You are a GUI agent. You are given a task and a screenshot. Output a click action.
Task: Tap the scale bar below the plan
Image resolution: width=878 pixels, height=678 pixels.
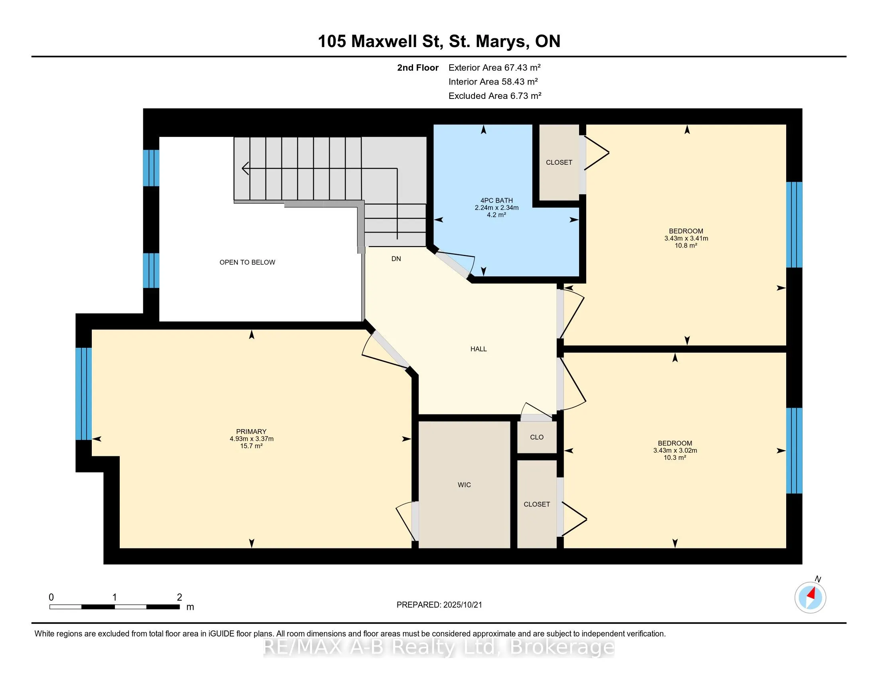click(x=115, y=607)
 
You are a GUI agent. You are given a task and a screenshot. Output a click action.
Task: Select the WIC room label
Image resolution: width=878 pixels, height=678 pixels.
click(x=464, y=485)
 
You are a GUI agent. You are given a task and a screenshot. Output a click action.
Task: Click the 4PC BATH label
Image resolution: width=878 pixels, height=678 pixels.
click(x=496, y=201)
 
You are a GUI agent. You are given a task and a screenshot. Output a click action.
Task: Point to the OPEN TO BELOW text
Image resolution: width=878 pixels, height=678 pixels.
click(x=247, y=262)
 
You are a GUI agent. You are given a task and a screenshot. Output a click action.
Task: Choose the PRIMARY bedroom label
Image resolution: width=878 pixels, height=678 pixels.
click(x=251, y=432)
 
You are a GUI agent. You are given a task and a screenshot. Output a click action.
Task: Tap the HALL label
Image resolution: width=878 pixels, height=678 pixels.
click(x=479, y=349)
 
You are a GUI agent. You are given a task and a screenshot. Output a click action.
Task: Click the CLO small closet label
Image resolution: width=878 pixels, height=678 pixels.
click(x=537, y=437)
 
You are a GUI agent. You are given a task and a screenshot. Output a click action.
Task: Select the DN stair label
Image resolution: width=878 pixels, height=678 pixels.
click(x=396, y=259)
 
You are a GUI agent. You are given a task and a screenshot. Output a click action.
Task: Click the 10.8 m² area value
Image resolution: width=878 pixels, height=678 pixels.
click(x=686, y=245)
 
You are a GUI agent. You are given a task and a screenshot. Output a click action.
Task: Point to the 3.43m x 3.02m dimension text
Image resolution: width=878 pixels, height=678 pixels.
click(x=675, y=450)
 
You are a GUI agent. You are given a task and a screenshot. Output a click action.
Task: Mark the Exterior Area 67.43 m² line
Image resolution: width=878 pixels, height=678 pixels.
click(x=494, y=67)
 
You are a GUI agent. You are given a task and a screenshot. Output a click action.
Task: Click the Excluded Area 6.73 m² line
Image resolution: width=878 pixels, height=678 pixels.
click(x=495, y=96)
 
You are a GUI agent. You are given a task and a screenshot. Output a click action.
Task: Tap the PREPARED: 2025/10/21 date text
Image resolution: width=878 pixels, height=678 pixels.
click(x=439, y=605)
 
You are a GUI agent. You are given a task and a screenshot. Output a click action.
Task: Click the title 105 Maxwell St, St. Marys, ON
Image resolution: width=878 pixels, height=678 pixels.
click(x=439, y=41)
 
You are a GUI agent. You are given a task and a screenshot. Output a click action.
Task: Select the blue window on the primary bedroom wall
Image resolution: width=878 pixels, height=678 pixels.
click(x=84, y=394)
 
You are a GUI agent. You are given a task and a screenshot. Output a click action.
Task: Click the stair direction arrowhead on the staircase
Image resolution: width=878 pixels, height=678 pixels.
click(x=245, y=168)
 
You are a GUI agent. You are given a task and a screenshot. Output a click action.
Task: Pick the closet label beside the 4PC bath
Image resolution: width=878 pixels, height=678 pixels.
click(x=559, y=162)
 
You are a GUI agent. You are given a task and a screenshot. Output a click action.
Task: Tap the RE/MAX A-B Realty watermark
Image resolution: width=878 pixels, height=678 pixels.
click(x=439, y=647)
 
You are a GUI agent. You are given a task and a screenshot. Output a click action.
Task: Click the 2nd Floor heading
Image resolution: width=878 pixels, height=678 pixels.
click(x=418, y=67)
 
